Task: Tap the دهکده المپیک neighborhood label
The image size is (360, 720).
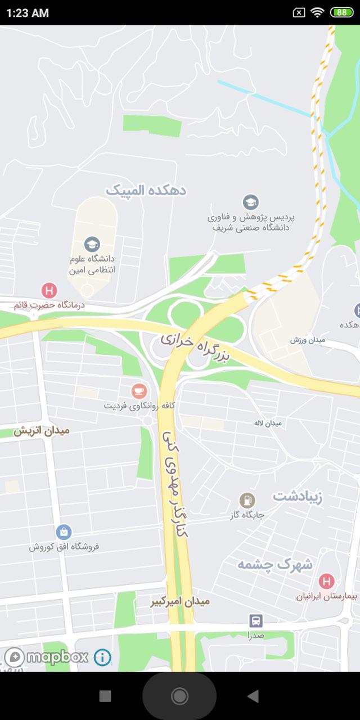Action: pyautogui.click(x=146, y=191)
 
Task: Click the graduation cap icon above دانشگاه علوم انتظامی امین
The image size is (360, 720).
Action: pyautogui.click(x=92, y=244)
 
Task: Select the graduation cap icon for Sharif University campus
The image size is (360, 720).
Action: pyautogui.click(x=251, y=202)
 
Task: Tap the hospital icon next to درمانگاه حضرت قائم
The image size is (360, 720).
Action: pyautogui.click(x=49, y=291)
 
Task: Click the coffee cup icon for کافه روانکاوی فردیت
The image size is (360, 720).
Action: pyautogui.click(x=138, y=390)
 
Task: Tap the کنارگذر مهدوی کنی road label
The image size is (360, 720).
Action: pyautogui.click(x=174, y=484)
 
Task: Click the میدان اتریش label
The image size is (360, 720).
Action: pyautogui.click(x=42, y=431)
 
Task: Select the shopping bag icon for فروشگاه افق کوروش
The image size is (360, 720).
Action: pyautogui.click(x=64, y=532)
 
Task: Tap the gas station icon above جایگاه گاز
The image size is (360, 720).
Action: pyautogui.click(x=247, y=500)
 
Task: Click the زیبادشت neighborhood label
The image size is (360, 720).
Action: pyautogui.click(x=298, y=497)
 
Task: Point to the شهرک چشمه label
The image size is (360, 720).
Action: pyautogui.click(x=274, y=565)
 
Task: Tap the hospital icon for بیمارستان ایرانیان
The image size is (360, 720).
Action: pyautogui.click(x=326, y=581)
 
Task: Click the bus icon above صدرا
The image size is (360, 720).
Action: pyautogui.click(x=256, y=621)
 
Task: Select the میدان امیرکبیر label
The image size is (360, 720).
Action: pyautogui.click(x=180, y=601)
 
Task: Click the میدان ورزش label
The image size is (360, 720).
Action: pyautogui.click(x=305, y=340)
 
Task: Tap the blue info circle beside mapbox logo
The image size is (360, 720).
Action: pyautogui.click(x=102, y=657)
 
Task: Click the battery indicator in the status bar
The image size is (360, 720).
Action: pyautogui.click(x=341, y=12)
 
